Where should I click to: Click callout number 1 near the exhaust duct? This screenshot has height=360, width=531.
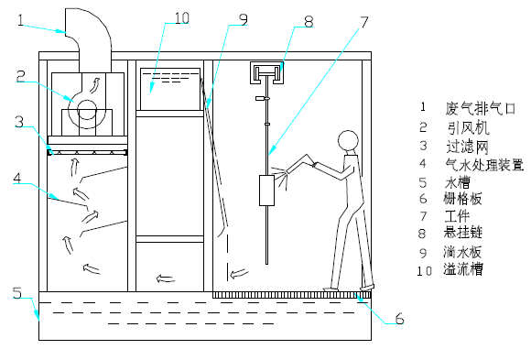21,20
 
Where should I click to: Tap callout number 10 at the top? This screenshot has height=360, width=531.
181,18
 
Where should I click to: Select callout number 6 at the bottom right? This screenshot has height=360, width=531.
399,318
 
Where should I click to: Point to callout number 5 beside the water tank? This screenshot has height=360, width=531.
16,293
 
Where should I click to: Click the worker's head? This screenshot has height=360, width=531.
348,141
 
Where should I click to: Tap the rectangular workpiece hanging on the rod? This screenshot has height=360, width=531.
266,191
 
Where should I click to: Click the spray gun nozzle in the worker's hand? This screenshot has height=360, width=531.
287,171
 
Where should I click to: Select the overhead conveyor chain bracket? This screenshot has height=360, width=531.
266,72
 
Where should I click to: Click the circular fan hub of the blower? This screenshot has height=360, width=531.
87,110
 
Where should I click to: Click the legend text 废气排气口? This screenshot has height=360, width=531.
481,108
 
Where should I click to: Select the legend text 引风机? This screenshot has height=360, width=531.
469,128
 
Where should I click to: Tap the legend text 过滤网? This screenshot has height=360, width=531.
468,147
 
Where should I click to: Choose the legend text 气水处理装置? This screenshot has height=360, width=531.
484,165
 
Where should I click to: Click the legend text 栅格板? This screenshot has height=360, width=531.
462,199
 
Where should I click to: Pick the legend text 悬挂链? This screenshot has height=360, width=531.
462,233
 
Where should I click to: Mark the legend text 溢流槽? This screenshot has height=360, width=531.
463,269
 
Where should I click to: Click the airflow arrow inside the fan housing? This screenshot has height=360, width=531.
96,84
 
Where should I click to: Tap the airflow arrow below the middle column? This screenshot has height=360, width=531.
166,278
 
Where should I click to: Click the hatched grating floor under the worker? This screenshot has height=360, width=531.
292,295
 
